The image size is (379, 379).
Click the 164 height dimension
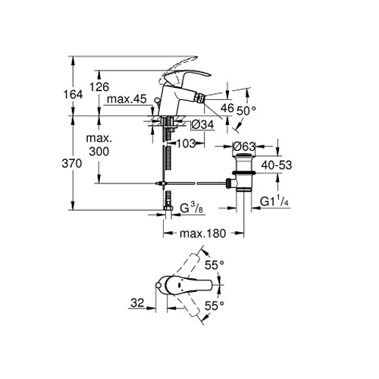click(73, 95)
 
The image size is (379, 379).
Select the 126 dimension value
click(99, 87)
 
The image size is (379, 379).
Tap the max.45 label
click(127, 99)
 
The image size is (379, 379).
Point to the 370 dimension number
click(72, 164)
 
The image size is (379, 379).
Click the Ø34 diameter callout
click(202, 124)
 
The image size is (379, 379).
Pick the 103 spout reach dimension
click(186, 144)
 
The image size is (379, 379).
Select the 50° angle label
click(246, 111)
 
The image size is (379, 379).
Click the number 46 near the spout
click(227, 108)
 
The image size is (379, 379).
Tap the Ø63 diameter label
click(244, 146)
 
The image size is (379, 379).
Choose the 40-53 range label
click(277, 165)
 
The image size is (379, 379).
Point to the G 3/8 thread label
click(192, 208)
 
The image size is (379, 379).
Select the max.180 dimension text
click(202, 233)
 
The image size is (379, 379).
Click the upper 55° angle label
click(215, 265)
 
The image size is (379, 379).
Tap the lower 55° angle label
click(215, 306)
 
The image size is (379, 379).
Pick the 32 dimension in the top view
click(137, 302)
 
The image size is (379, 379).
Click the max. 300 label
click(99, 145)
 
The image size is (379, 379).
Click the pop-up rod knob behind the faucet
click(157, 100)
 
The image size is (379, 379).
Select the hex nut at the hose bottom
click(168, 208)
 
